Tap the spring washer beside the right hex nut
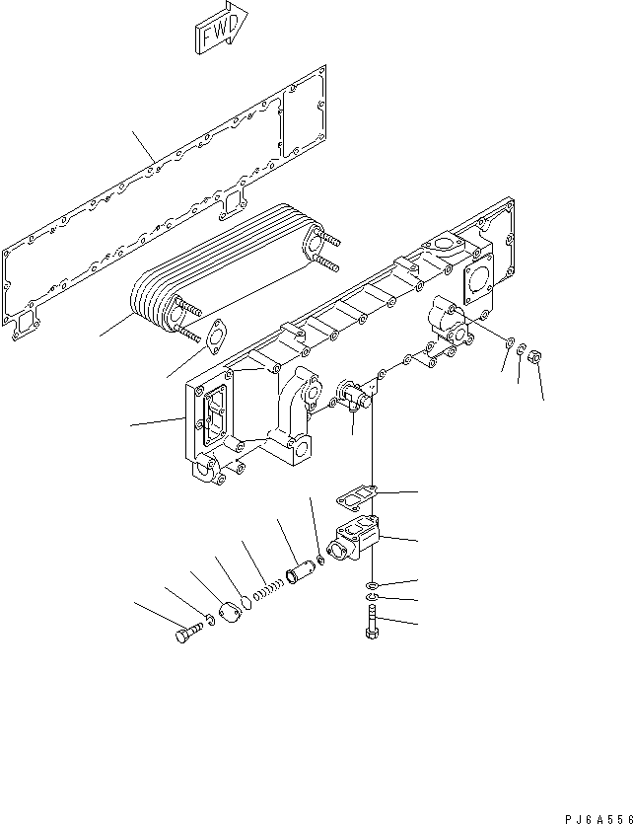click(523, 350)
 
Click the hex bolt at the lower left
click(187, 637)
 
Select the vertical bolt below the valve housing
click(370, 624)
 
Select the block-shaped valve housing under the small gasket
click(354, 541)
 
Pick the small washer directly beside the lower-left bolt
click(208, 622)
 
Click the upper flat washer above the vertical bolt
click(370, 585)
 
